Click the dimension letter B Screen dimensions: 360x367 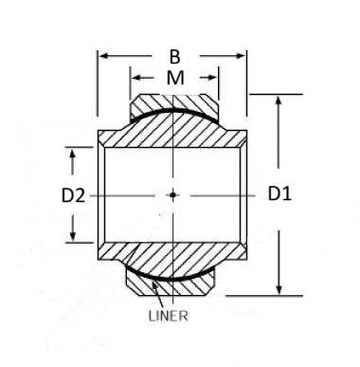coord(174,57)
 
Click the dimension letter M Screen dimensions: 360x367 coord(175,78)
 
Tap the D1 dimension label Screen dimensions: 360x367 coord(279,193)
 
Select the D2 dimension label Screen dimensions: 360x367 coord(73,195)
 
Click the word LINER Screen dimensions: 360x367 coord(169,316)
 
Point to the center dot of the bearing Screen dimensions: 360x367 coord(172,194)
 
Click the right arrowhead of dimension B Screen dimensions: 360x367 coord(241,56)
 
